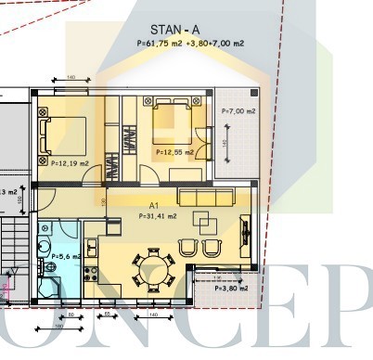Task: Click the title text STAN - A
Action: click(174, 30)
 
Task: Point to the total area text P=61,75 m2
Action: click(158, 43)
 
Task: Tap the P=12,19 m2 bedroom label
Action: click(64, 163)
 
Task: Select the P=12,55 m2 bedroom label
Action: click(174, 152)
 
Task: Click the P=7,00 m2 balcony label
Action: click(238, 111)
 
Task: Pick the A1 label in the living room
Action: click(155, 206)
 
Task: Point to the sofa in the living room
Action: click(212, 198)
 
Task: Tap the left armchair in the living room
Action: click(188, 248)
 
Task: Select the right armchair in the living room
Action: click(212, 248)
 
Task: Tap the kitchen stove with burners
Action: click(91, 274)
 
